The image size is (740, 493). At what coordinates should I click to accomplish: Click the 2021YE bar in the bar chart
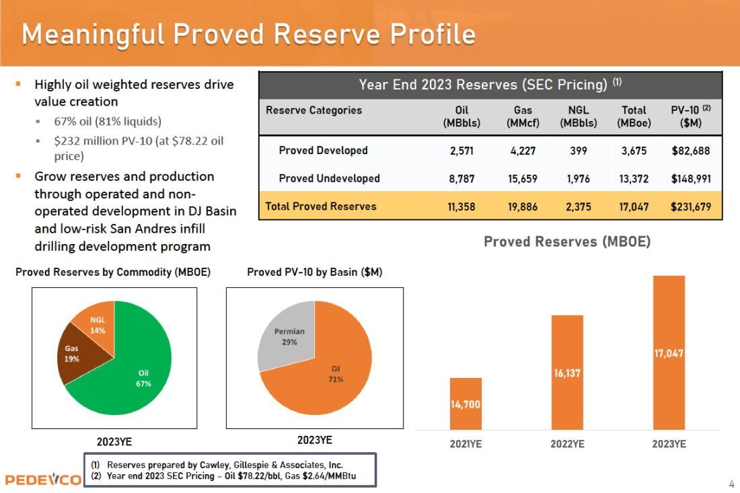click(465, 404)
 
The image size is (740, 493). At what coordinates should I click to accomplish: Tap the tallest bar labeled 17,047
click(669, 352)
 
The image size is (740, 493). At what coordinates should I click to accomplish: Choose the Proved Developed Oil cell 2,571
click(461, 151)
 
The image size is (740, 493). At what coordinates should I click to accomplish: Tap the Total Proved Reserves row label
click(321, 206)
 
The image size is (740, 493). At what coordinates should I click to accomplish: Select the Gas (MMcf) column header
click(521, 116)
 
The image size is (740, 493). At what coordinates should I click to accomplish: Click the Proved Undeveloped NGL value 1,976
click(578, 178)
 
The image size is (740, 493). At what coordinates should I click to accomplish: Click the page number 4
click(731, 484)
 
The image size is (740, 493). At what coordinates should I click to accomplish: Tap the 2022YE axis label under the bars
click(567, 445)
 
